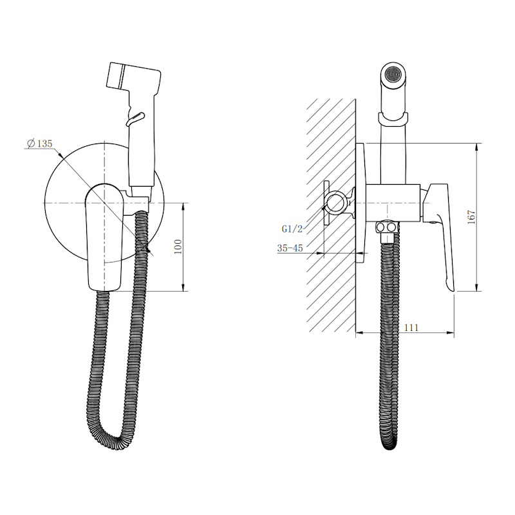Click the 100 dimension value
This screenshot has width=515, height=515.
pos(178,247)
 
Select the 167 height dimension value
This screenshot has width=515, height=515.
pos(472,217)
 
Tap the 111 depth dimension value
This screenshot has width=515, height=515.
pos(411,328)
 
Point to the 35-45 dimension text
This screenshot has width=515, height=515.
pos(290,248)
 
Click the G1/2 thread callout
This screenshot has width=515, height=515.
pos(292,229)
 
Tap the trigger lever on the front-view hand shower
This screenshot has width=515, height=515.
pos(135,118)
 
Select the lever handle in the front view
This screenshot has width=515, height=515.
pos(104,237)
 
